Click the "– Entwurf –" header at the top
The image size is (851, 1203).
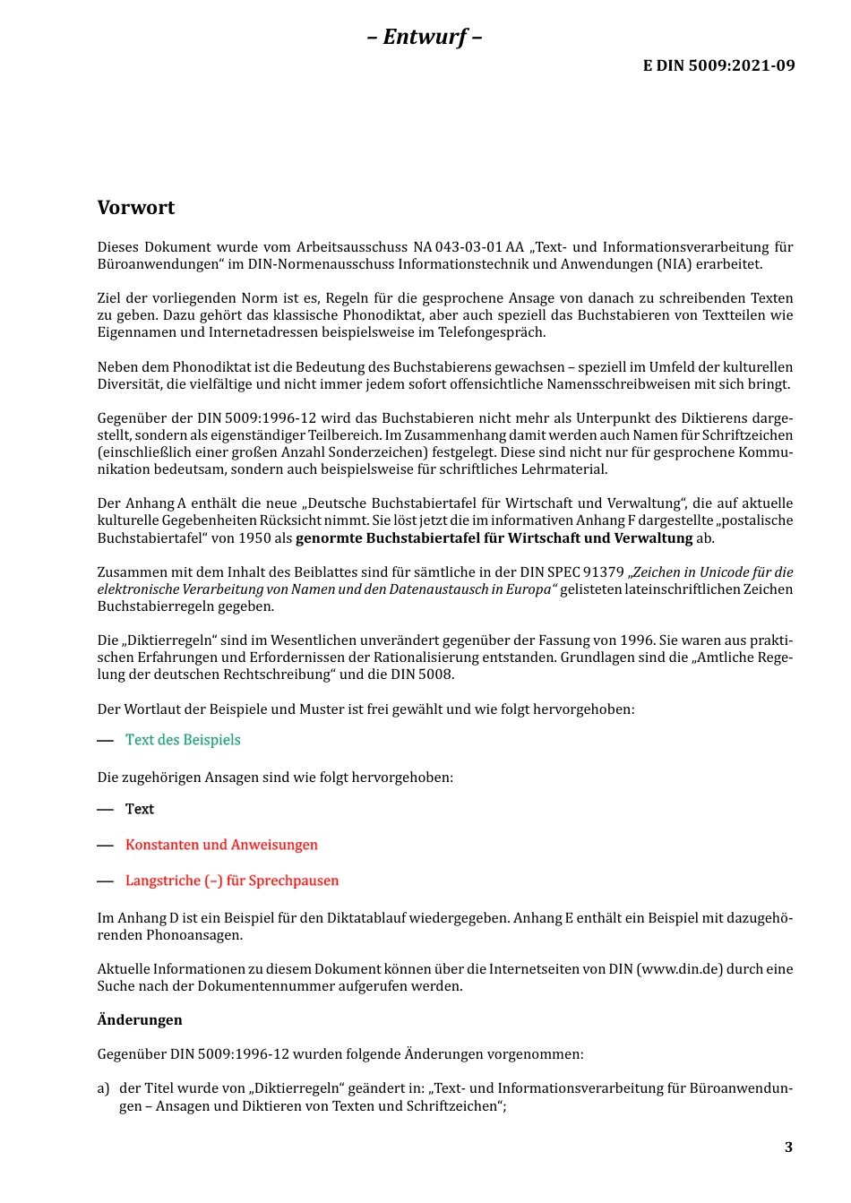(425, 37)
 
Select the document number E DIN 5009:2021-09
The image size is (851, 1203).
(718, 65)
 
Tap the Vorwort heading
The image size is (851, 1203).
(136, 208)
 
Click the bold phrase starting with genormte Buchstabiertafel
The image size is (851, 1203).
(494, 538)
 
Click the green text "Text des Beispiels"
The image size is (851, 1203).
(183, 740)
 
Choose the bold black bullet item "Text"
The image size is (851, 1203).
(140, 809)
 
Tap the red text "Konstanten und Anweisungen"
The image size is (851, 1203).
(221, 845)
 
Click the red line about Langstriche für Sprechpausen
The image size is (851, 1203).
(232, 881)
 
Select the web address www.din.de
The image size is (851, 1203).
(679, 969)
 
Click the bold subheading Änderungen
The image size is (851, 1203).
(140, 1020)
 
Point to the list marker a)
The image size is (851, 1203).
(103, 1088)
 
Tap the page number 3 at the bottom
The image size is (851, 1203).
(788, 1147)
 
